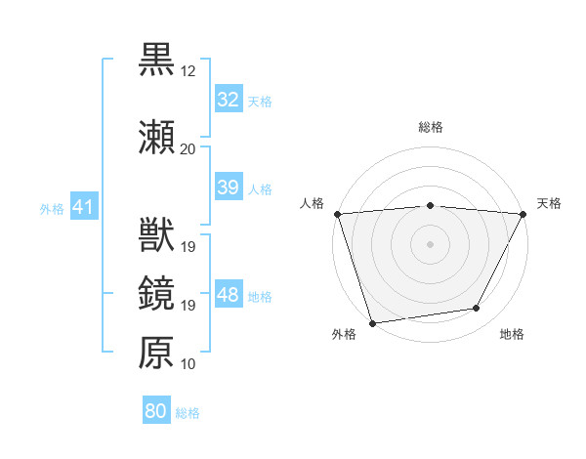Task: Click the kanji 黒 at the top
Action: (x=156, y=60)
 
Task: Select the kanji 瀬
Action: (x=156, y=136)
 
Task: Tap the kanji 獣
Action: (x=156, y=235)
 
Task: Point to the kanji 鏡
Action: (x=156, y=294)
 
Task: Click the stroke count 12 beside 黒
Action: (x=188, y=71)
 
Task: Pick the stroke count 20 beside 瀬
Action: (x=188, y=148)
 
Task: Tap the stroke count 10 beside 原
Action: (x=188, y=364)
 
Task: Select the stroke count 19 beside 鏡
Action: (x=188, y=306)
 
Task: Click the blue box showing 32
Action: (x=228, y=100)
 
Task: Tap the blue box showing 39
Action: (x=228, y=188)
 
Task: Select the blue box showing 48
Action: (x=228, y=295)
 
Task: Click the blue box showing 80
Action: (x=156, y=411)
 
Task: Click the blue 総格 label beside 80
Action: (x=188, y=413)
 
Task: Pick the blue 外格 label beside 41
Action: (x=52, y=208)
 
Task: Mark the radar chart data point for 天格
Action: (x=523, y=214)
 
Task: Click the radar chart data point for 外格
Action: (x=372, y=322)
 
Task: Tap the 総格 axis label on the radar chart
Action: (x=431, y=127)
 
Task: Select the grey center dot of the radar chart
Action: (x=430, y=243)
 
